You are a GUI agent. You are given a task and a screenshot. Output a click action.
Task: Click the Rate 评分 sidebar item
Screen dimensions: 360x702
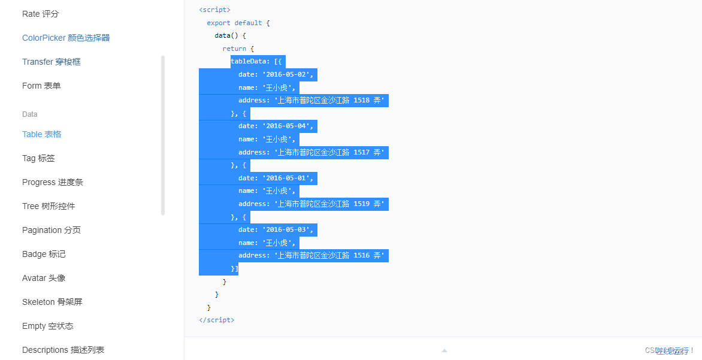pos(41,14)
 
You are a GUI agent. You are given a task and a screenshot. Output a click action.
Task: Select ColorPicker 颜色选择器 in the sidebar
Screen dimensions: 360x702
pos(66,38)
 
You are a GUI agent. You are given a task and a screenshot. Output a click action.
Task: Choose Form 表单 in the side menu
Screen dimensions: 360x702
pos(41,86)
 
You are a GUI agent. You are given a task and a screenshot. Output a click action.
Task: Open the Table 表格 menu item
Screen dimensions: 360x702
pos(42,134)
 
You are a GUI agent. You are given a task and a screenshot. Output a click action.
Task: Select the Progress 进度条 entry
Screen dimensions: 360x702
pos(53,182)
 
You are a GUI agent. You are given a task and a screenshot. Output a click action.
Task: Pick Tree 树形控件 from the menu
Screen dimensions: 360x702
pos(49,206)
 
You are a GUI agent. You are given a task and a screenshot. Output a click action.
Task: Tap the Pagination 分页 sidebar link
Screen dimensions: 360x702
pos(52,230)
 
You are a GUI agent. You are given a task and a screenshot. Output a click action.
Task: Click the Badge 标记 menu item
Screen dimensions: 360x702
pos(44,254)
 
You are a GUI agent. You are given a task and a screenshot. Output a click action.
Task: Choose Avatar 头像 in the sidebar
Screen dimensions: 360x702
pos(44,278)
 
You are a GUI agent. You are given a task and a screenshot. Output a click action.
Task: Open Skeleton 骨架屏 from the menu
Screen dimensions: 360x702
pos(52,302)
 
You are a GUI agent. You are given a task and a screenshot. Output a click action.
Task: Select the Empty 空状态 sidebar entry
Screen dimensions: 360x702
pos(48,326)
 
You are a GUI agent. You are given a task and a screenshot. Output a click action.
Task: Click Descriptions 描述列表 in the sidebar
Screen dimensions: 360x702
pos(63,350)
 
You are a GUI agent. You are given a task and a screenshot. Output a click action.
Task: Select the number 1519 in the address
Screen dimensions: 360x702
pos(362,204)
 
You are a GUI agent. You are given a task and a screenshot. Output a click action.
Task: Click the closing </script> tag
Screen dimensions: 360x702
pos(217,320)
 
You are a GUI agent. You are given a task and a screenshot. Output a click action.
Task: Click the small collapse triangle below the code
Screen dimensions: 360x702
pos(444,350)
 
